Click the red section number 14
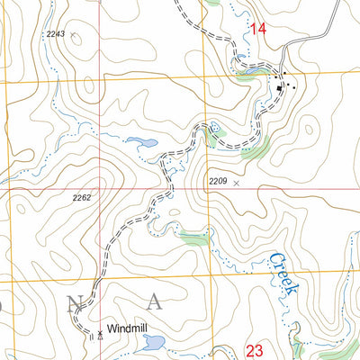pyautogui.click(x=259, y=30)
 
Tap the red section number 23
pyautogui.click(x=254, y=349)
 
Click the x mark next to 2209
pyautogui.click(x=237, y=182)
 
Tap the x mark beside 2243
pyautogui.click(x=73, y=36)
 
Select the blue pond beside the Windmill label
pyautogui.click(x=154, y=342)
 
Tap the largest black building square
pyautogui.click(x=280, y=87)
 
